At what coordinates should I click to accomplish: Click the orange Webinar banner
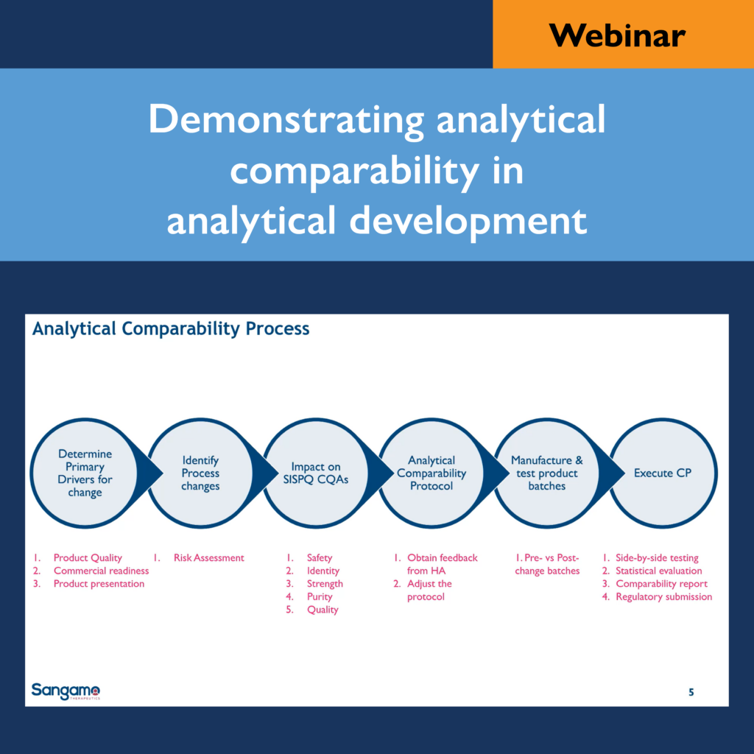623,34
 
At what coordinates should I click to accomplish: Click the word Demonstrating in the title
286,120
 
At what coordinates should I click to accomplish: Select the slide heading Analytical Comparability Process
171,329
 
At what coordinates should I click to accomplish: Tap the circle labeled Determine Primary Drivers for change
85,473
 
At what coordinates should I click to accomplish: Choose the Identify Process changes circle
200,473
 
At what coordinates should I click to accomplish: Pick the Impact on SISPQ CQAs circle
316,473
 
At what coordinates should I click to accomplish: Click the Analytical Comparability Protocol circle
431,473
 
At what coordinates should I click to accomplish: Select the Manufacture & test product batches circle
547,473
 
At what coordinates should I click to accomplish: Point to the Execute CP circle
663,473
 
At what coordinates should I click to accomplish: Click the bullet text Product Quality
88,558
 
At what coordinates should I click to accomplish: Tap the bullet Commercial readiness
101,571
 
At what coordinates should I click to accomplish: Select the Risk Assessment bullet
208,558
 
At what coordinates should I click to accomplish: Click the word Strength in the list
325,584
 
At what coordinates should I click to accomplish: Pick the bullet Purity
320,596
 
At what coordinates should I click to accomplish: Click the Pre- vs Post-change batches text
547,564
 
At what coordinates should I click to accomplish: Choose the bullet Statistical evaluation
659,571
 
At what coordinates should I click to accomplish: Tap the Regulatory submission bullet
663,596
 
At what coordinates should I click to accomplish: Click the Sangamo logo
66,691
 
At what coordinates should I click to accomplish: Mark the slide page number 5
691,692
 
